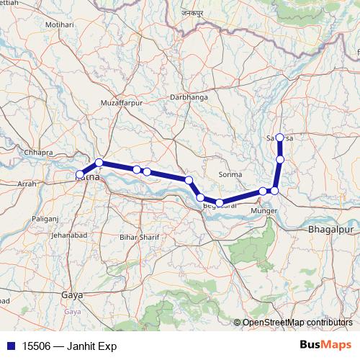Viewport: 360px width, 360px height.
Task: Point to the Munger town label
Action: (261, 210)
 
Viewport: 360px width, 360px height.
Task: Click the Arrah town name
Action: (27, 184)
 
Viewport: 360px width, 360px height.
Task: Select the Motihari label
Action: (60, 24)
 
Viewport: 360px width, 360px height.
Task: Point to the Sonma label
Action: (230, 175)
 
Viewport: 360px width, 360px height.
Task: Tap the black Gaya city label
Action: (72, 295)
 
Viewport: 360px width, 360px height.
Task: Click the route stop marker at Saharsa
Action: (279, 138)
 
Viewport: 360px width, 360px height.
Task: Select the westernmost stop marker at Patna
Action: (80, 174)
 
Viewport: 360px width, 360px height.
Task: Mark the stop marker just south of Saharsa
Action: (280, 158)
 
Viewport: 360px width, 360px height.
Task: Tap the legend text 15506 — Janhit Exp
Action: (64, 346)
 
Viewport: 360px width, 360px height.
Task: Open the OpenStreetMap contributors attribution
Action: (297, 322)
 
